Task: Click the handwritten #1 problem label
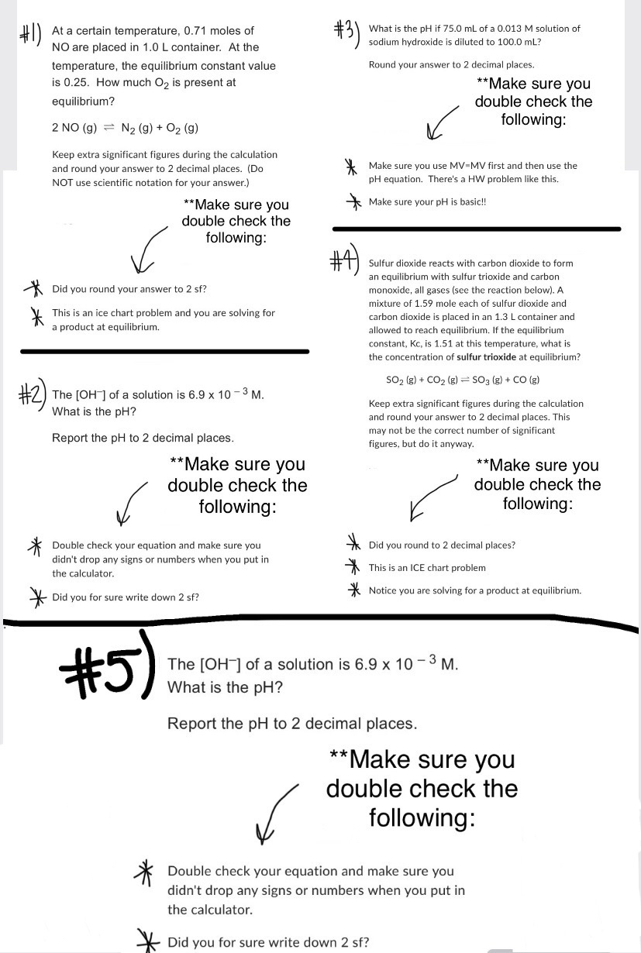29,36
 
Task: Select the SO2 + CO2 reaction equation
463,380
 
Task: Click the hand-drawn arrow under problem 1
150,249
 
